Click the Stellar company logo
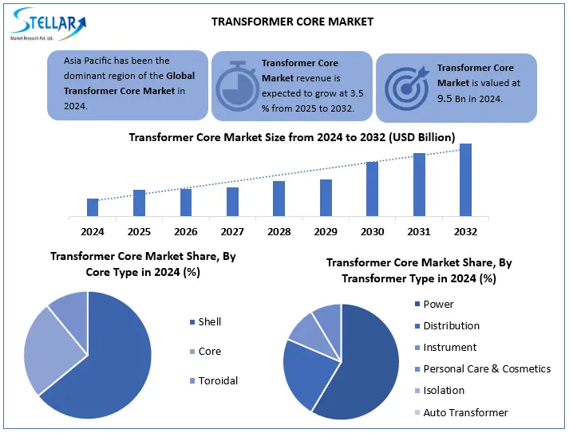48,23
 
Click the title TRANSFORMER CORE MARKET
292,22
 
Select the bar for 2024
93,207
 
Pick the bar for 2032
465,179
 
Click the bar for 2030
372,188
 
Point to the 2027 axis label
232,231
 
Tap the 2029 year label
326,231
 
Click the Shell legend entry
209,322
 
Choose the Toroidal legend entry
217,380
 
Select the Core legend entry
209,352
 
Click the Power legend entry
438,304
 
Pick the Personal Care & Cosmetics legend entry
486,369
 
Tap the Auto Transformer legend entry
465,412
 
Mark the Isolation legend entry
445,391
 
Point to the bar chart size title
292,137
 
